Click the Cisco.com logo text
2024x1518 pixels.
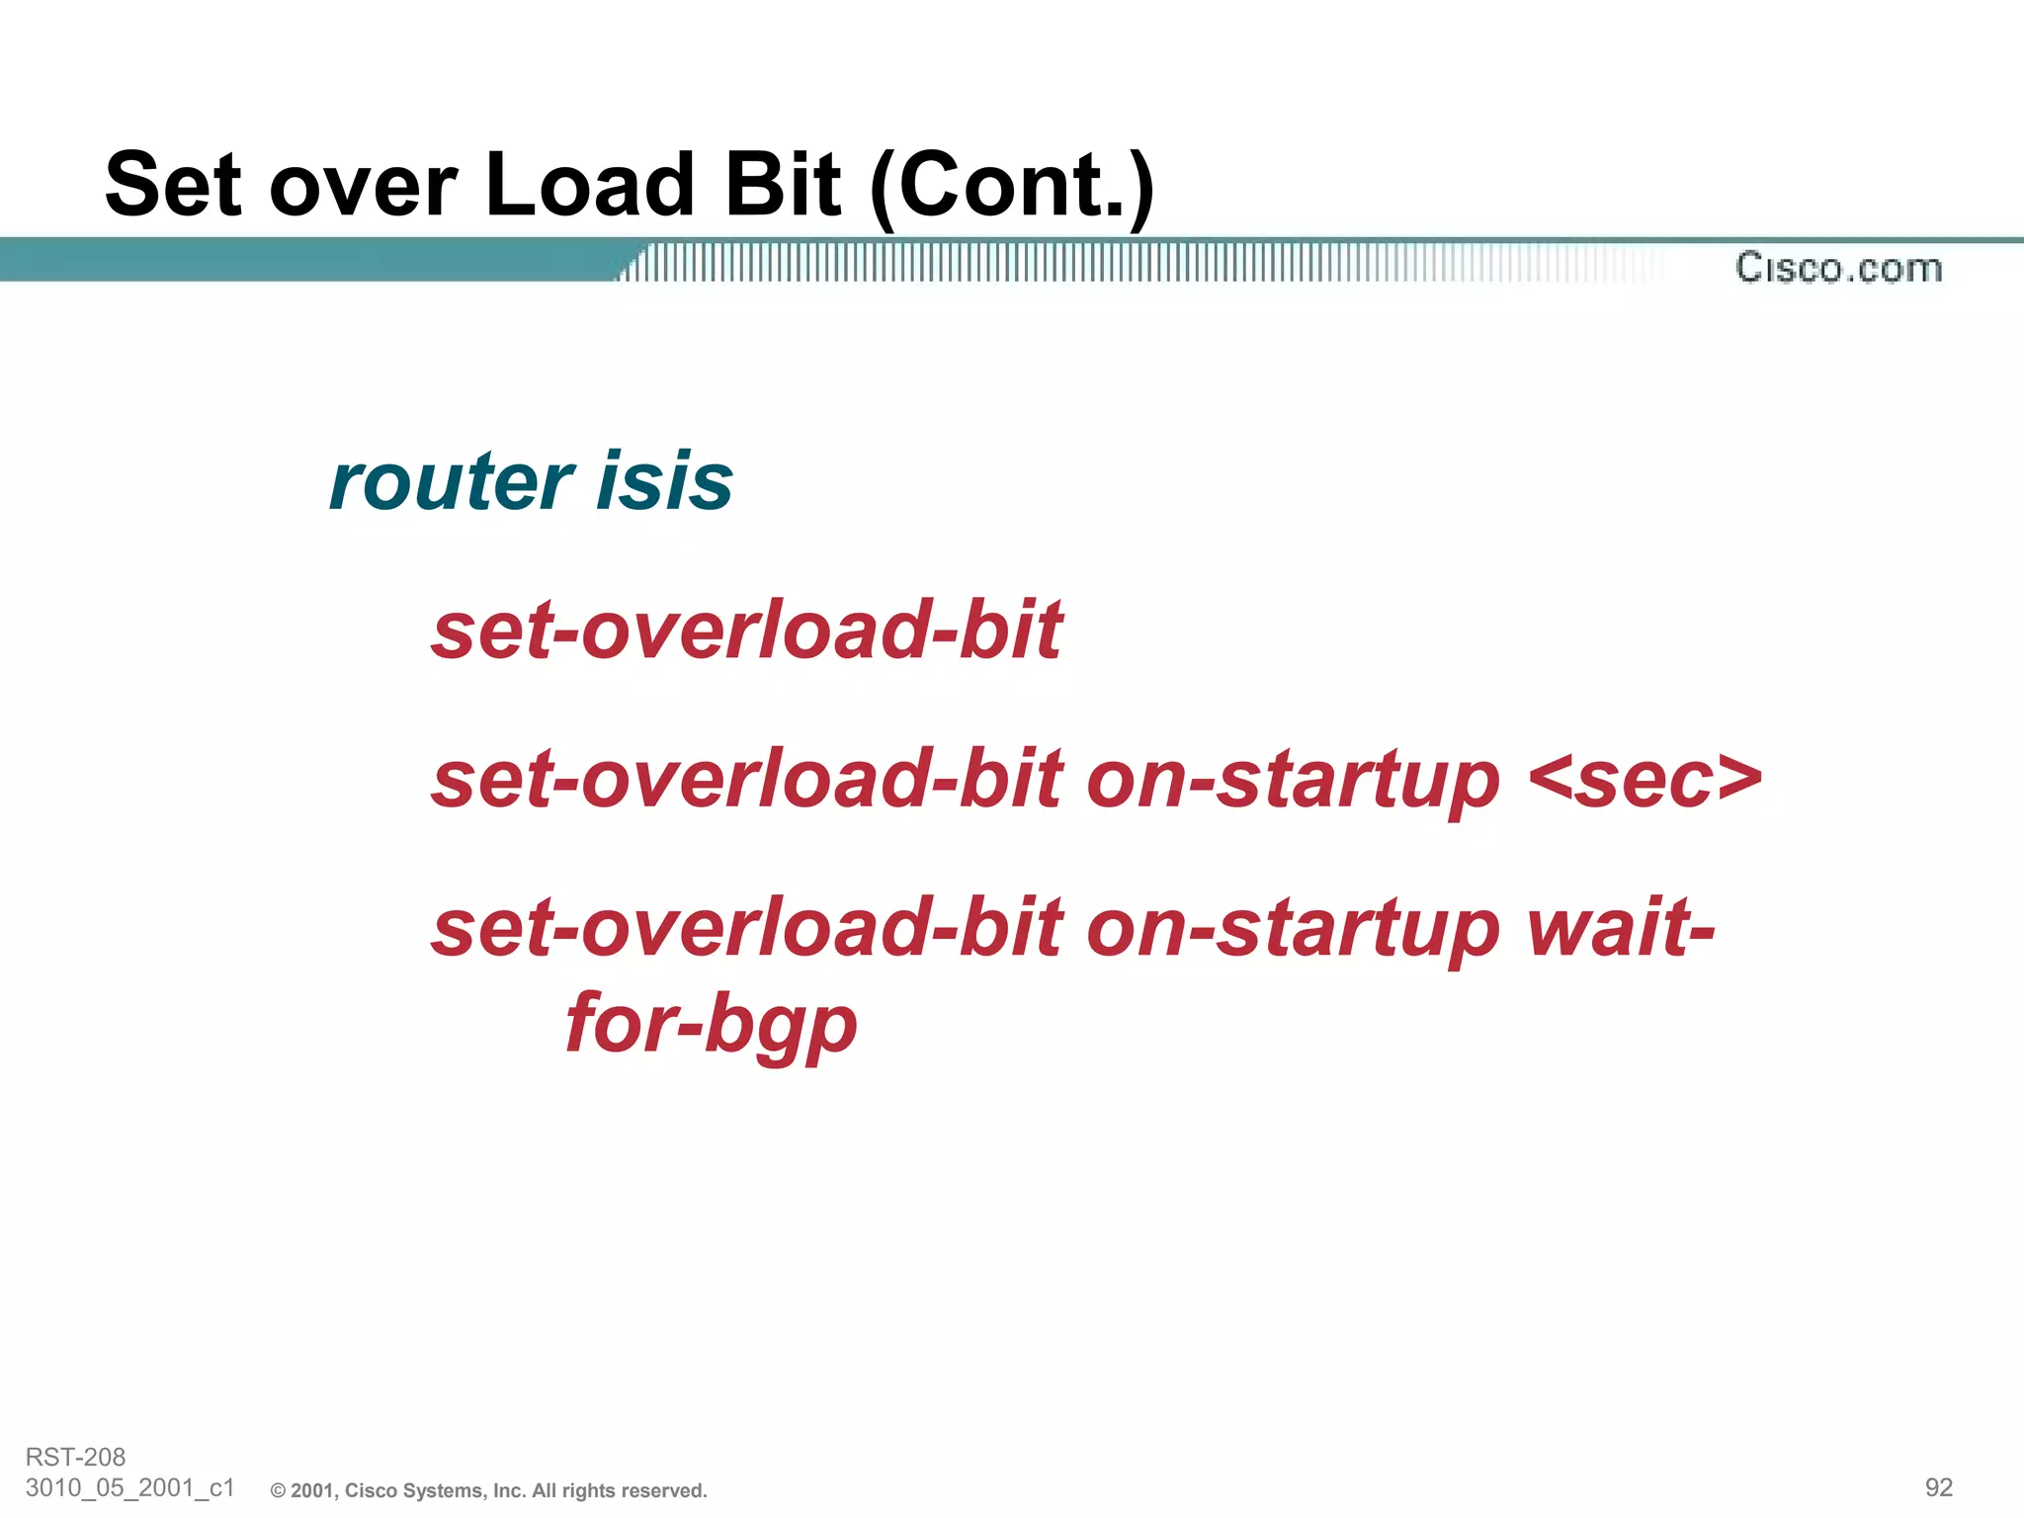coord(1838,269)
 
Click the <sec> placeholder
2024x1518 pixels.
coord(1644,780)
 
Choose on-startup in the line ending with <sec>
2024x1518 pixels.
coord(1293,780)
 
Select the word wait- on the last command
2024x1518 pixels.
coord(1621,928)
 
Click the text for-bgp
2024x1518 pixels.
coord(712,1024)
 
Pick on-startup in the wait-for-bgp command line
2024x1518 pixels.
coord(1293,928)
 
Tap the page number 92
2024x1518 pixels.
coord(1938,1487)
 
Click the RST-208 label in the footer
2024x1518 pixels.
coord(75,1457)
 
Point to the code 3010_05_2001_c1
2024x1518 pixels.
coord(129,1487)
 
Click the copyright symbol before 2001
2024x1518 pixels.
coord(278,1491)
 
